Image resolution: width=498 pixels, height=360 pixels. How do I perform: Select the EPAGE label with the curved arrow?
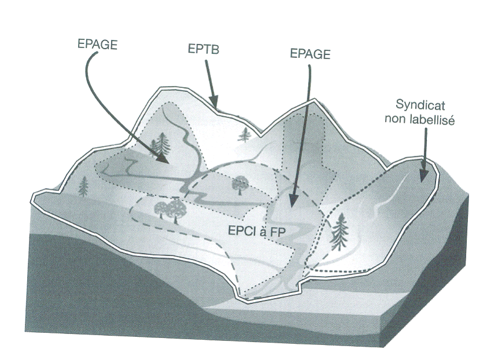click(97, 45)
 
